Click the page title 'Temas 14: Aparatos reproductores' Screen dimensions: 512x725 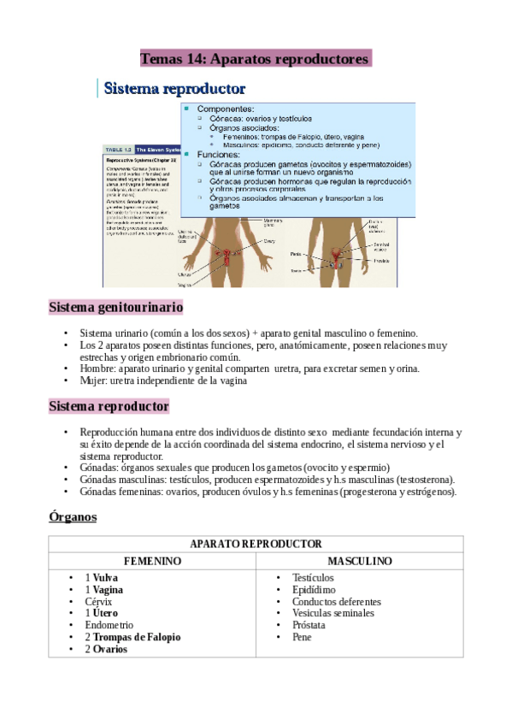coord(255,59)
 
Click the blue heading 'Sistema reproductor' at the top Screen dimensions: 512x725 coord(174,88)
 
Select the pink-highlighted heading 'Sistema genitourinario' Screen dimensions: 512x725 coord(115,307)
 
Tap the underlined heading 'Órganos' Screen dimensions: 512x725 coord(73,517)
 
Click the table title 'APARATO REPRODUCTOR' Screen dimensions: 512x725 coord(256,544)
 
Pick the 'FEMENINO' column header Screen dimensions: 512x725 coord(152,561)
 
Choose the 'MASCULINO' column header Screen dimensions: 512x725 coord(360,561)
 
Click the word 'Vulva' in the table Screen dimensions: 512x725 coord(105,578)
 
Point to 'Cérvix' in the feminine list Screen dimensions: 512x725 coord(98,601)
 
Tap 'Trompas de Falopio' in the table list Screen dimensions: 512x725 coord(137,637)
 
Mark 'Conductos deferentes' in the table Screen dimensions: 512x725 coord(336,602)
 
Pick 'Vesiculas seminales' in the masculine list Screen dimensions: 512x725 coord(333,613)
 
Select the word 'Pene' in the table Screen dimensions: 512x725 coord(302,637)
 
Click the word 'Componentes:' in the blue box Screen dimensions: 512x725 coord(226,109)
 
